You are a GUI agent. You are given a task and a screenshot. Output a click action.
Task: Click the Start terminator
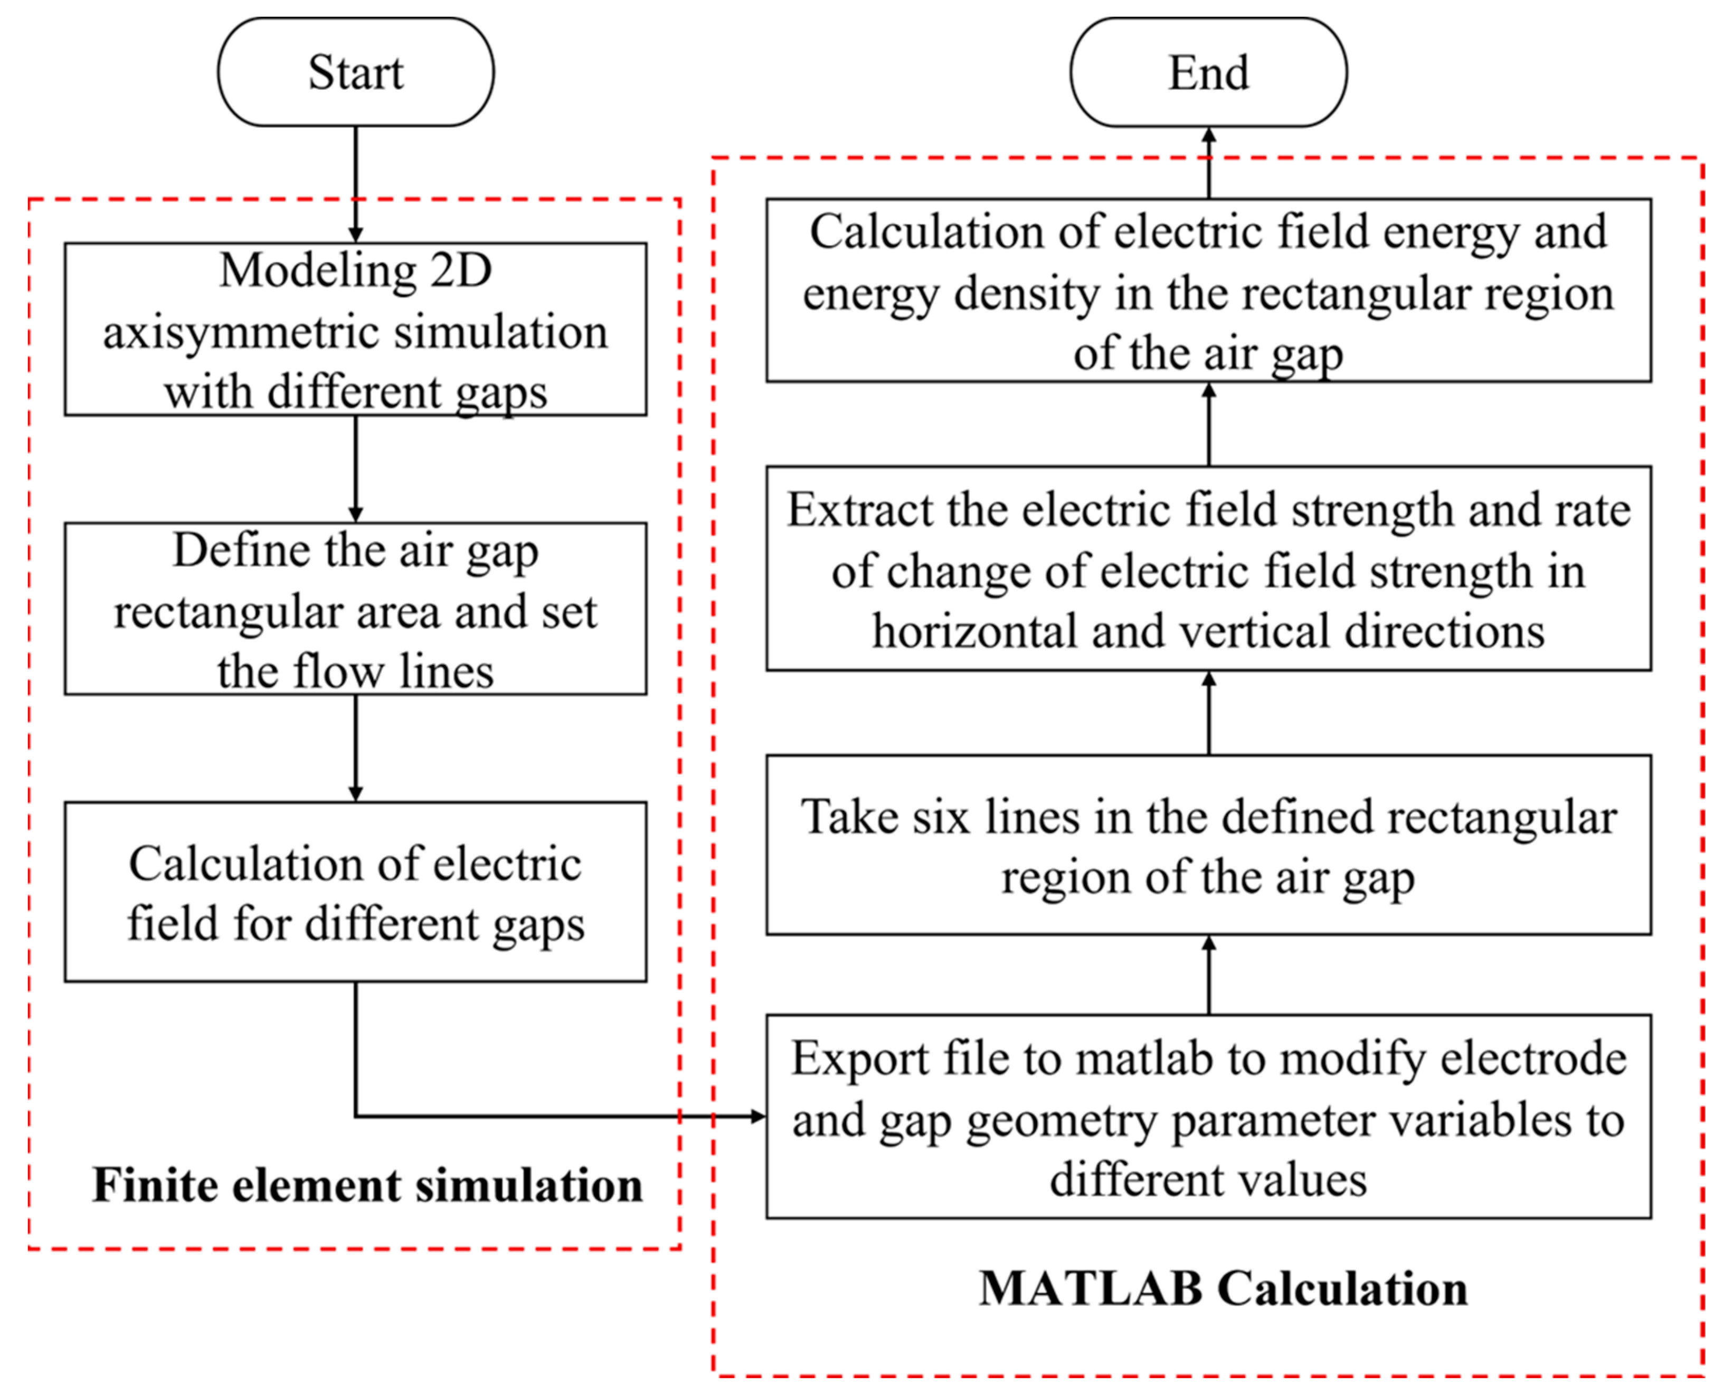point(356,72)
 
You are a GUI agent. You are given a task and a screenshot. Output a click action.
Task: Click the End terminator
point(1208,72)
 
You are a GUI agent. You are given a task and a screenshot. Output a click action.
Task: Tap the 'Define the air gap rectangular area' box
point(356,609)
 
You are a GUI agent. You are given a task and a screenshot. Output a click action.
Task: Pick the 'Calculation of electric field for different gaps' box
point(356,892)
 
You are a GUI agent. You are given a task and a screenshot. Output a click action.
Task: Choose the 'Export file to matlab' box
point(1208,1117)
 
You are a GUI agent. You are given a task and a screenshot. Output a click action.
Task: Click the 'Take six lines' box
point(1208,845)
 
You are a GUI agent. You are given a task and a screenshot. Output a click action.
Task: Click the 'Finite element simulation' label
point(367,1185)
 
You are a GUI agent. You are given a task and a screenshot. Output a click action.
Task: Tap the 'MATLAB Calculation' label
point(1223,1288)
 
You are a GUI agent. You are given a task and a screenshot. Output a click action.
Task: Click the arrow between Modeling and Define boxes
point(356,468)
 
